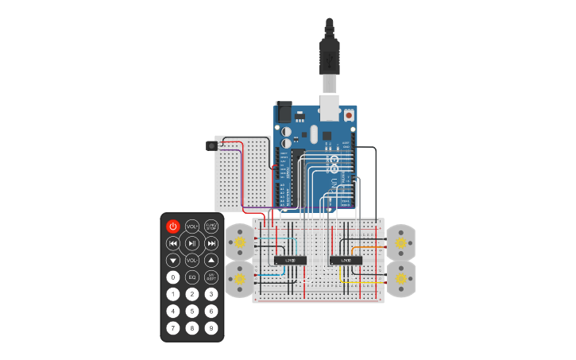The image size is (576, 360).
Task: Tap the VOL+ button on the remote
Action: [x=192, y=226]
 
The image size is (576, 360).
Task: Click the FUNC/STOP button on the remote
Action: [x=211, y=226]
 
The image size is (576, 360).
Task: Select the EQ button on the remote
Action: [x=192, y=277]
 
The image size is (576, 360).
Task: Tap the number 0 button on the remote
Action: [x=172, y=277]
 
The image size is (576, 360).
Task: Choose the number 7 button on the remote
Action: [x=172, y=327]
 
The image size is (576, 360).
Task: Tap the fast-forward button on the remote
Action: [x=211, y=243]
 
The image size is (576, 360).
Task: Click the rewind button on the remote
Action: [x=172, y=243]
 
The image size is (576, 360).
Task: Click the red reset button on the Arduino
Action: [x=350, y=115]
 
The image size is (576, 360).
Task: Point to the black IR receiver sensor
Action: [x=212, y=145]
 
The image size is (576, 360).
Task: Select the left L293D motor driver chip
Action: [x=291, y=259]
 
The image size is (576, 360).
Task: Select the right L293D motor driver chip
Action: [x=346, y=259]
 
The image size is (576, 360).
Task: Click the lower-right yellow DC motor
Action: [x=400, y=279]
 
